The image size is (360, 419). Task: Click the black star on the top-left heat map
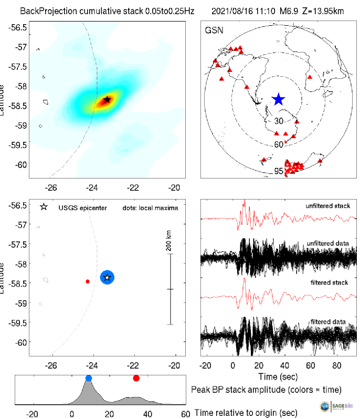107,99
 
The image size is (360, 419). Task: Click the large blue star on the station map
278,99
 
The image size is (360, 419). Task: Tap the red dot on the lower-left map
88,281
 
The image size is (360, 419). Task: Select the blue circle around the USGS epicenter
107,277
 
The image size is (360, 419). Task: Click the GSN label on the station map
214,30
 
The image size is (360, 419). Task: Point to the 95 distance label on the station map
279,171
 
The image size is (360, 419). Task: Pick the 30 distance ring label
279,121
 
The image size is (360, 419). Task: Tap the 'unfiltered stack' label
327,206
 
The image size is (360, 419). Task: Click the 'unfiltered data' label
328,245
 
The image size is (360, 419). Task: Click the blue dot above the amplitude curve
88,378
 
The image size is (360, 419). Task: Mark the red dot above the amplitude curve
136,378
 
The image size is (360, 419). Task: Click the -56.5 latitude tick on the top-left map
19,27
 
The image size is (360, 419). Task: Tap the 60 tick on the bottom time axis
185,414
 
